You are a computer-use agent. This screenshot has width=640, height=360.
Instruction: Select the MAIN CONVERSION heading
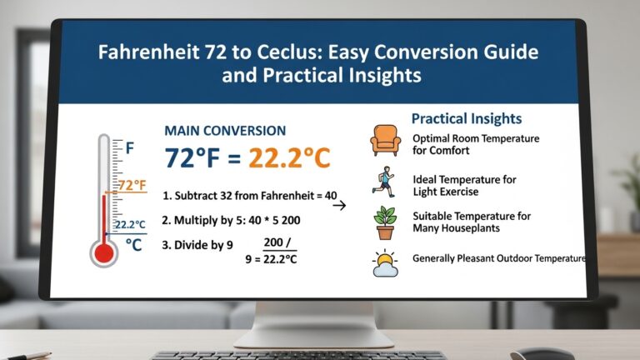(225, 131)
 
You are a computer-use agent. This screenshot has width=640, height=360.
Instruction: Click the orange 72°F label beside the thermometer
(132, 186)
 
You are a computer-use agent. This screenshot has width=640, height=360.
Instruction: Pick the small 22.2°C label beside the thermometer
(131, 225)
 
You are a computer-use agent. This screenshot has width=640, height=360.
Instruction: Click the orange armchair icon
(384, 142)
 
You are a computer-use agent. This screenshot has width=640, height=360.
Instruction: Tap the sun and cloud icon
(385, 262)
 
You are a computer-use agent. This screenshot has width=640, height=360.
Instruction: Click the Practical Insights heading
(467, 118)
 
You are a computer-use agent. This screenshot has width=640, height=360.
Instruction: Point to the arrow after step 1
(339, 204)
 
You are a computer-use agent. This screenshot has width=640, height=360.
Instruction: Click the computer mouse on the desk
(542, 353)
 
